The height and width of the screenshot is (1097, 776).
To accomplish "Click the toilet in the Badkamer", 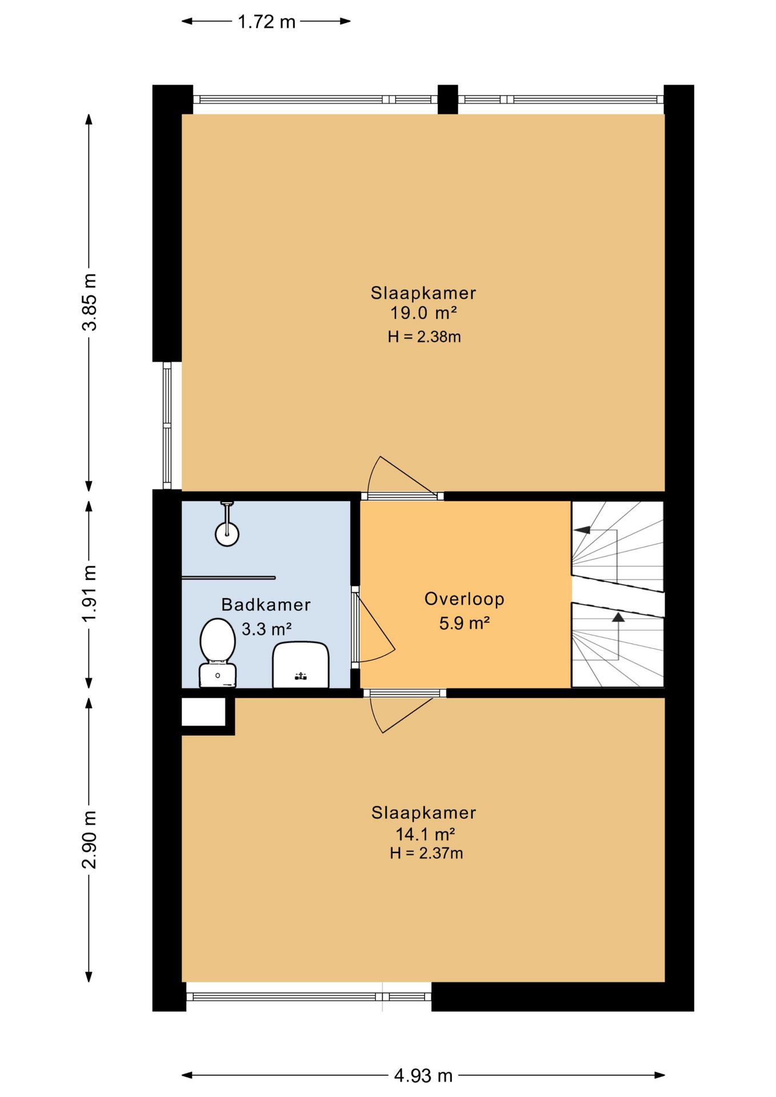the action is point(217,652).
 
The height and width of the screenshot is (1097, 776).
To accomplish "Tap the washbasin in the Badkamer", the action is point(301,665).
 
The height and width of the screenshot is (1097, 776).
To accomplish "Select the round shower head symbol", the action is point(227,534).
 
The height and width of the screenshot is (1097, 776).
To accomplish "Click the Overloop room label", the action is point(464,599).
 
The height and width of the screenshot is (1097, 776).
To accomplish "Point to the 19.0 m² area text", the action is point(423,313).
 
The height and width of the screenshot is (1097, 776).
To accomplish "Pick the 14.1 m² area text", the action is point(425,834).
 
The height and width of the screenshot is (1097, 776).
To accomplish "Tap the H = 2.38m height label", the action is point(424,337).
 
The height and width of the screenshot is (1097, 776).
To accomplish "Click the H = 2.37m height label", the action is point(426,853).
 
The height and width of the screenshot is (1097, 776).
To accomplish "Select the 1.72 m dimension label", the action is point(266,22).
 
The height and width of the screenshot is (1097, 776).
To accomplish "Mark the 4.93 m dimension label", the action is point(423,1076).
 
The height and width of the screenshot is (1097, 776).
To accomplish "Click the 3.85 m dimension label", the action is point(90,302).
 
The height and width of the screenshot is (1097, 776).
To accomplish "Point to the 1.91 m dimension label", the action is point(90,594).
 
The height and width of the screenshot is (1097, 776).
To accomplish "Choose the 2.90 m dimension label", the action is point(90,839).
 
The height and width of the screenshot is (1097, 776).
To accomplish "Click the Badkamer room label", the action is point(266,604).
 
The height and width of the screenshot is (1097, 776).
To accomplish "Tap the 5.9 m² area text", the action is point(464,623).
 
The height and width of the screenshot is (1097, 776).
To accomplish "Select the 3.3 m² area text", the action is point(266,629).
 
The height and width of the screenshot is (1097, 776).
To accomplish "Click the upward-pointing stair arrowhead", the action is point(618,617).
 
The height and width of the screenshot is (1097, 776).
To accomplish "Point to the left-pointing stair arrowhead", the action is point(582,530).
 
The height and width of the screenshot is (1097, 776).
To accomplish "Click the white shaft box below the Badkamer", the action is point(203,712).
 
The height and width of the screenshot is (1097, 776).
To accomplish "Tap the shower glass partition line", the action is point(229,578).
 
